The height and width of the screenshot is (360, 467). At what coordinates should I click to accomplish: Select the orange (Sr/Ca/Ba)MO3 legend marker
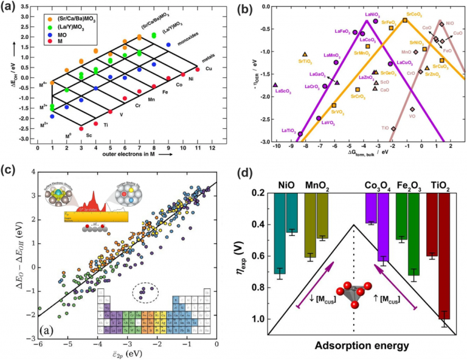pos(48,19)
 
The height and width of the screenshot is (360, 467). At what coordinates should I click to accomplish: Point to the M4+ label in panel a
pos(43,84)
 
